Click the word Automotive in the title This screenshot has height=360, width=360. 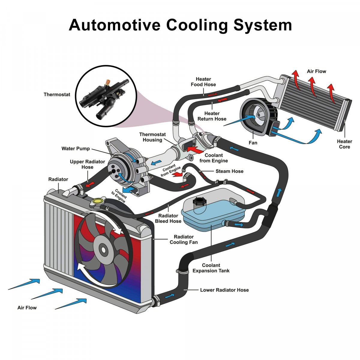point(114,25)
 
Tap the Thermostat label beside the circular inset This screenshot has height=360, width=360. point(57,94)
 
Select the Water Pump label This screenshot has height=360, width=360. point(76,148)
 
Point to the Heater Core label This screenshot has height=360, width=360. point(344,144)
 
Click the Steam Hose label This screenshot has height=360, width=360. point(229,171)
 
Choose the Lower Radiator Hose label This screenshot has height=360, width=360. point(224,290)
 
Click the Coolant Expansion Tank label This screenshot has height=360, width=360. point(211,268)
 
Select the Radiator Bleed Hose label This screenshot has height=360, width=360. point(168,218)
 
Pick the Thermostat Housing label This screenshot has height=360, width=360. point(152,137)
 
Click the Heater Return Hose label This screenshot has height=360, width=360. point(212,116)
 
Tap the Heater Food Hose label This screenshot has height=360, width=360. point(203,82)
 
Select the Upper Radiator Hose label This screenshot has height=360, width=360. point(87,164)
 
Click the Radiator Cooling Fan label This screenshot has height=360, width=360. point(184,239)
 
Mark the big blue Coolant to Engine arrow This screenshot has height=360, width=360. point(129,190)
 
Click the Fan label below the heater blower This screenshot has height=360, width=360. point(253,143)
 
